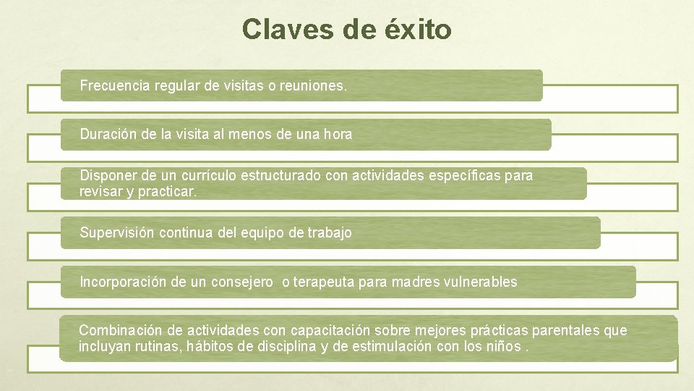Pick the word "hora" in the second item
pyautogui.click(x=338, y=134)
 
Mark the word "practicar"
pyautogui.click(x=171, y=193)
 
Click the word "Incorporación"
pyautogui.click(x=124, y=282)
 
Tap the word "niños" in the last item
pyautogui.click(x=502, y=346)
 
